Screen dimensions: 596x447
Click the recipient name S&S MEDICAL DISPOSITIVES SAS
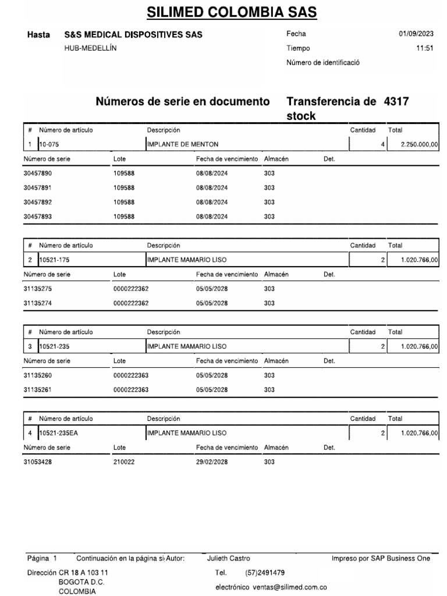pyautogui.click(x=134, y=35)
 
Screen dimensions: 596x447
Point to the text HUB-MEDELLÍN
pyautogui.click(x=90, y=48)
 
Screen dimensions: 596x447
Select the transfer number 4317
pyautogui.click(x=397, y=102)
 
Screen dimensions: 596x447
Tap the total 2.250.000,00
pyautogui.click(x=420, y=144)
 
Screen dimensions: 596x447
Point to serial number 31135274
pyautogui.click(x=38, y=303)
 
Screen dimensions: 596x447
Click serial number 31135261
pyautogui.click(x=38, y=389)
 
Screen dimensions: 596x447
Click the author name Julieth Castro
pyautogui.click(x=229, y=559)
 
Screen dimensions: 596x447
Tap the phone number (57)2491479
pyautogui.click(x=265, y=573)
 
